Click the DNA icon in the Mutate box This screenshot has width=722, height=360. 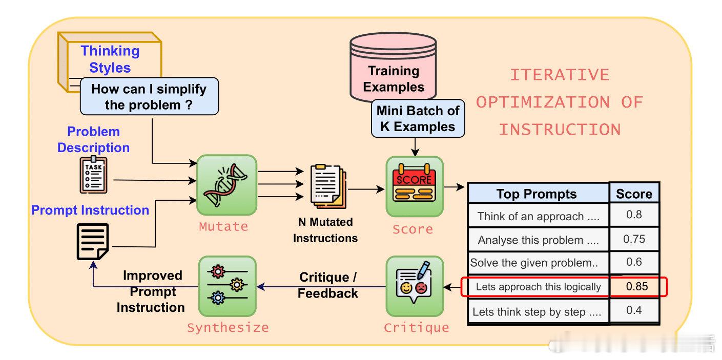point(225,185)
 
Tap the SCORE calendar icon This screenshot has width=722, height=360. point(414,183)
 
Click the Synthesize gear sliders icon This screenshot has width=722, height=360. point(228,285)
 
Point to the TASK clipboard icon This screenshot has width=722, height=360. point(93,175)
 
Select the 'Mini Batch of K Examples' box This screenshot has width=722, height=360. point(418,118)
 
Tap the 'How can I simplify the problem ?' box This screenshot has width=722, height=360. point(149,96)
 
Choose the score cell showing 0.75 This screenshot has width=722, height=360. point(634,239)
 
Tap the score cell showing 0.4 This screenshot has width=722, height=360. point(634,310)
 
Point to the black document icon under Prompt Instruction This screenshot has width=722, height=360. point(93,242)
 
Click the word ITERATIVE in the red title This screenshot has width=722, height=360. point(560,75)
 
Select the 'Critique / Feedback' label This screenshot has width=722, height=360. point(328,285)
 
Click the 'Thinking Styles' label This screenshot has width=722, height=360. point(110,59)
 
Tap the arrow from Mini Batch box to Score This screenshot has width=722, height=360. point(415,147)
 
